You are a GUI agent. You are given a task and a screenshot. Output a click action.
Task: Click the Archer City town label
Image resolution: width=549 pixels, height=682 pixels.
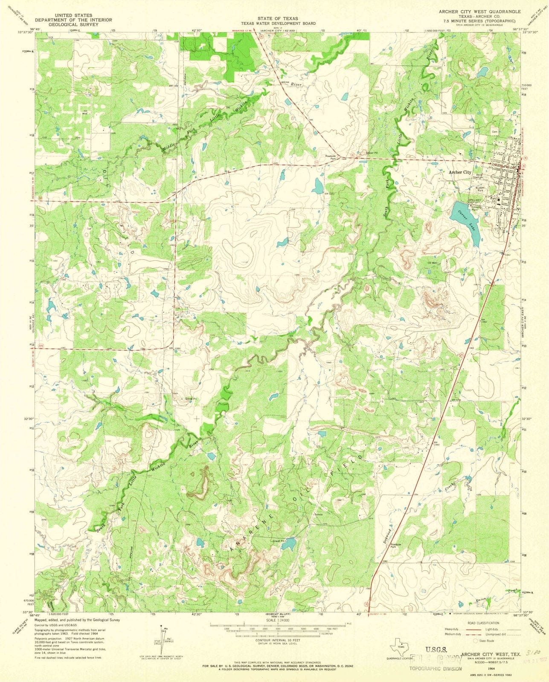point(460,173)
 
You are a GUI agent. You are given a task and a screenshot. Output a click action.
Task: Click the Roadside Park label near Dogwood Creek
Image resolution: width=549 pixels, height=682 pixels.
point(396,546)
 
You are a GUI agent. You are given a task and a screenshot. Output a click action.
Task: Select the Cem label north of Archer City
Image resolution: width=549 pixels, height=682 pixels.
point(495,131)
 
